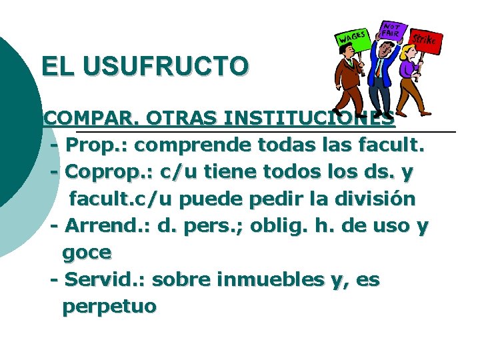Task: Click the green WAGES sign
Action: (353, 39)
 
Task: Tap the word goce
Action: (87, 253)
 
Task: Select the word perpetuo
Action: (109, 307)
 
